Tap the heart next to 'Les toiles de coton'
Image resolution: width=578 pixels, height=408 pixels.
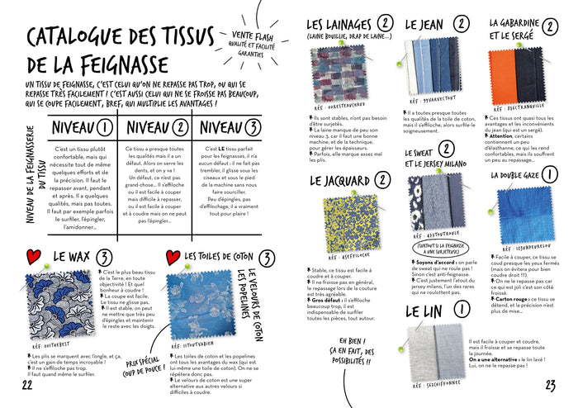[x=173, y=259]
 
